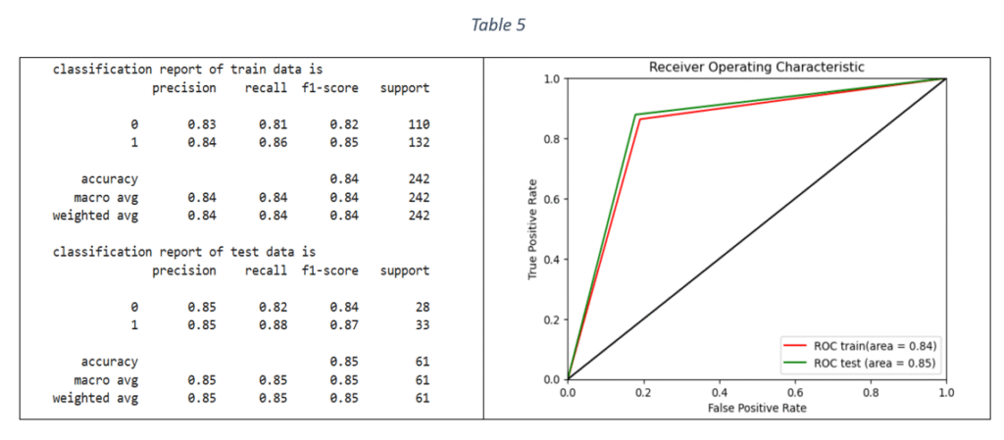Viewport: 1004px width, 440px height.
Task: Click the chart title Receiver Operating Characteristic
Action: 756,67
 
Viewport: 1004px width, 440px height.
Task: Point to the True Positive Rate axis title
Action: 533,228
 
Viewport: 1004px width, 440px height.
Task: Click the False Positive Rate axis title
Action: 756,406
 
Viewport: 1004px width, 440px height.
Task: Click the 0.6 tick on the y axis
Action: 551,199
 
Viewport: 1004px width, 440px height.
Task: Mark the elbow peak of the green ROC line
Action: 635,115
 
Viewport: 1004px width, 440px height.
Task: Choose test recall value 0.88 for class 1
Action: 273,325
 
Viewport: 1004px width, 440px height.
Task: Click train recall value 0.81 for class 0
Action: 273,124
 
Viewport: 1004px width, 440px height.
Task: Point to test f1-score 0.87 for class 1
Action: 343,325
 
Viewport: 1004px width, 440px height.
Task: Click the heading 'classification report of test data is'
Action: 187,252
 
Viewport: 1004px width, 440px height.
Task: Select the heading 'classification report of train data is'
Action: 187,70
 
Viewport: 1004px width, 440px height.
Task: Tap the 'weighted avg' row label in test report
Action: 95,398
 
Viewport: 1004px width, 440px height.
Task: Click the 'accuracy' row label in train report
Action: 110,178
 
